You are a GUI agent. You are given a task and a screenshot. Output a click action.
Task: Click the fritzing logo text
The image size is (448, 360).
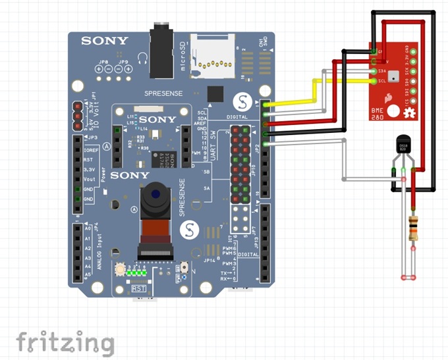65,342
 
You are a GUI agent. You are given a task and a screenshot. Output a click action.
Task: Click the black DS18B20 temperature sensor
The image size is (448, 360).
403,145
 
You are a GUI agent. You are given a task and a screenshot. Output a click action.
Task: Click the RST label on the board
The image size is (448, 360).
139,288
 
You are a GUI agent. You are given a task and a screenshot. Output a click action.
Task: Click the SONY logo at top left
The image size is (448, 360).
105,41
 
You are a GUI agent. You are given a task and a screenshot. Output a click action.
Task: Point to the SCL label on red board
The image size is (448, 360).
381,81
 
